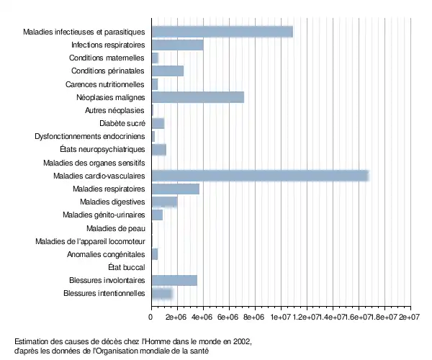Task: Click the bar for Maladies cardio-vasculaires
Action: point(260,176)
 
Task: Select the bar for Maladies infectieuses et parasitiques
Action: point(222,32)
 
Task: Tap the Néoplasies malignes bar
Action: point(198,97)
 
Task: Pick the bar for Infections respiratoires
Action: point(177,45)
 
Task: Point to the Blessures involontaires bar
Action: point(174,280)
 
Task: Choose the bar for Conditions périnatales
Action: point(167,71)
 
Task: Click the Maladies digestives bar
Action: point(164,202)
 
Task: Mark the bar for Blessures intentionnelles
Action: point(162,293)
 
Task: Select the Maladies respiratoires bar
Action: point(175,189)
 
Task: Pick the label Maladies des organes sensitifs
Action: point(94,163)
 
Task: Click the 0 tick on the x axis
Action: point(151,316)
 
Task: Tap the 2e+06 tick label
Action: point(176,316)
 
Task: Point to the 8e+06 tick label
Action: point(254,316)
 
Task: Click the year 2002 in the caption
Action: point(242,341)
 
